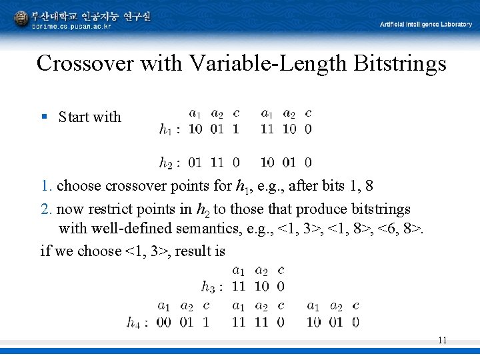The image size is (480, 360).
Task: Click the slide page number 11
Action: (x=442, y=340)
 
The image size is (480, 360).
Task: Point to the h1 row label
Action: (x=168, y=129)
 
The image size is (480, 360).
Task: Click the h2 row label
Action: (x=168, y=162)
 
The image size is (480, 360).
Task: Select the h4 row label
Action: (x=135, y=323)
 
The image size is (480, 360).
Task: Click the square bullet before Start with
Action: (x=44, y=117)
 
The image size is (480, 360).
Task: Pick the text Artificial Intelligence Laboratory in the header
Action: (x=425, y=24)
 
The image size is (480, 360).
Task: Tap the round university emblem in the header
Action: (x=21, y=18)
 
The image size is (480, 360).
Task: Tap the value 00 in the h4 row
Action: (x=164, y=323)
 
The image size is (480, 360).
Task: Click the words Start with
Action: (x=90, y=117)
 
